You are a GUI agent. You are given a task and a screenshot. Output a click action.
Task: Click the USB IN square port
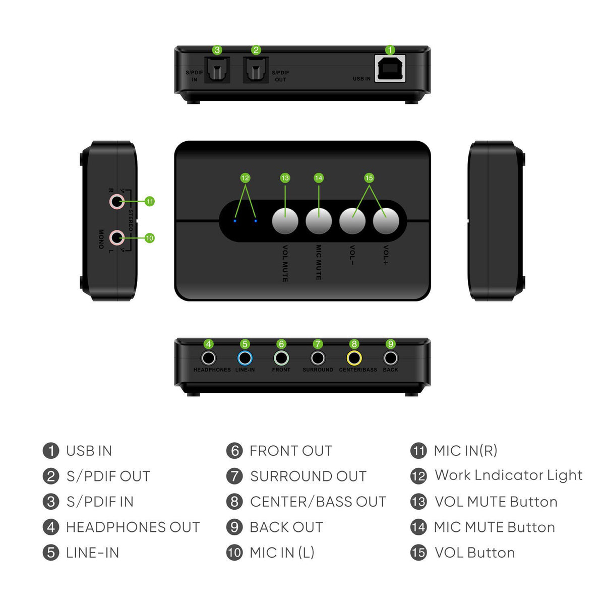pos(391,69)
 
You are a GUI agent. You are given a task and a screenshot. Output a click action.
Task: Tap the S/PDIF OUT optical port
pos(256,70)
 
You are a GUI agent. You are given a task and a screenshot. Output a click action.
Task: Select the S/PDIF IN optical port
pos(217,70)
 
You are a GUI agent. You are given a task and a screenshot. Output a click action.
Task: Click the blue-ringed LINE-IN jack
pos(245,358)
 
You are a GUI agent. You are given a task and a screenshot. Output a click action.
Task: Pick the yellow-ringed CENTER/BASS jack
pos(354,358)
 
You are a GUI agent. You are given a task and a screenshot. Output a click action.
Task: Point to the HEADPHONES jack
pos(208,358)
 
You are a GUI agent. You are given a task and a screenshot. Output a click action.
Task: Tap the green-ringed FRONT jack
pos(281,358)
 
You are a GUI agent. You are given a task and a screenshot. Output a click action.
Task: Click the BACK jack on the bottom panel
pos(391,358)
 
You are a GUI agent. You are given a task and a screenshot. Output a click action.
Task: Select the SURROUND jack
pos(318,358)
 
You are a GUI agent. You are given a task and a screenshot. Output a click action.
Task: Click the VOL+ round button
pos(386,221)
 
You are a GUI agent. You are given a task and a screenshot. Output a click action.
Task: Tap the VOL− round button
pos(352,221)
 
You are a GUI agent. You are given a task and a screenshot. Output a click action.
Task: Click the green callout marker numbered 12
pos(245,178)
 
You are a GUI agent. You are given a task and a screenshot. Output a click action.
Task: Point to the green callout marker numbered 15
pos(369,178)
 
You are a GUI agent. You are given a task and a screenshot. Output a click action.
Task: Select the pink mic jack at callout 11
pos(117,202)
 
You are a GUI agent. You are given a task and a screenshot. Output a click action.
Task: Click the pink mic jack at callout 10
pos(117,237)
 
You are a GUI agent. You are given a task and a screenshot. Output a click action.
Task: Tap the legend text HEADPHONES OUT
pos(133,527)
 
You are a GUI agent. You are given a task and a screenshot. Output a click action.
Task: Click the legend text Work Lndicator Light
pos(508,475)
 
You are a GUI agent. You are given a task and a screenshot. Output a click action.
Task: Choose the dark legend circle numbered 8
pos(234,502)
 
